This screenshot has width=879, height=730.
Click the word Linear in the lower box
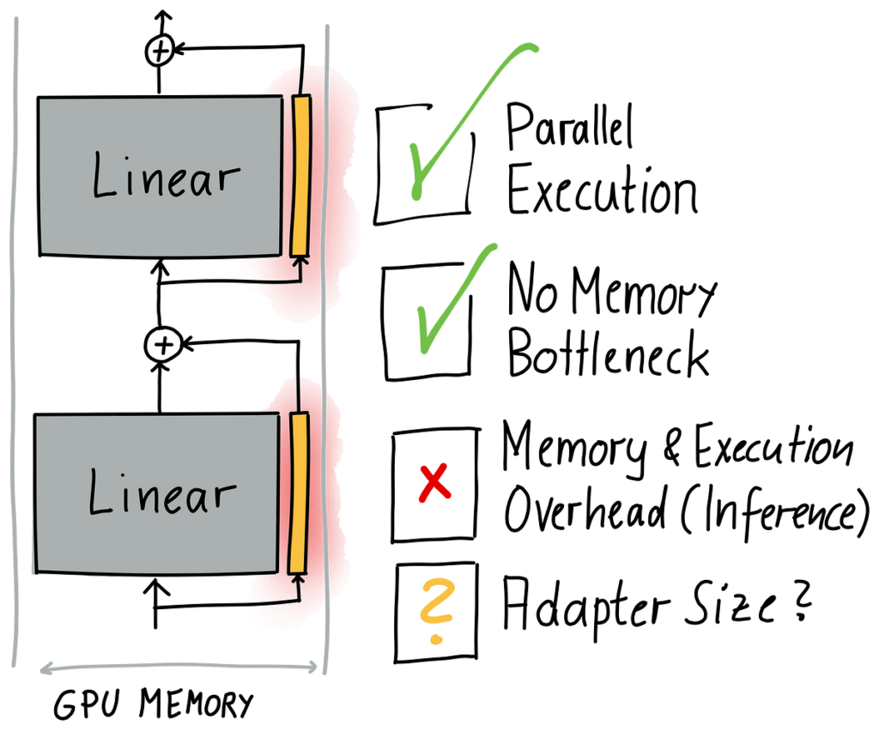[x=161, y=494]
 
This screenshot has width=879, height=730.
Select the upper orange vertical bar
[x=300, y=176]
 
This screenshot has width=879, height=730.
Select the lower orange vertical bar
[x=299, y=493]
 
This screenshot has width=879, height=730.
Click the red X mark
[x=434, y=483]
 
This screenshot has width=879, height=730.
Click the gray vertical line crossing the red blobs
[x=324, y=343]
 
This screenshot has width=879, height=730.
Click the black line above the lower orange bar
[x=294, y=393]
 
